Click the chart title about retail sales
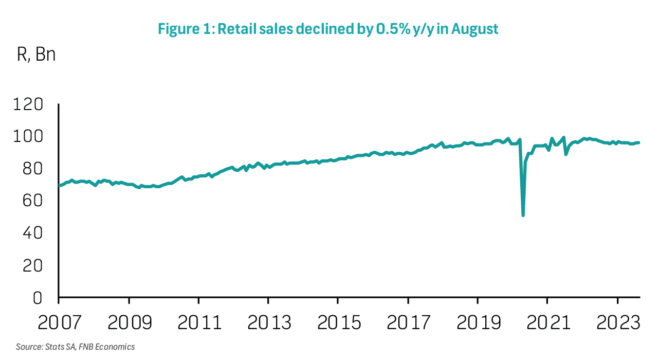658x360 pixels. pyautogui.click(x=328, y=29)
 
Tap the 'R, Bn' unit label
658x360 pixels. pyautogui.click(x=36, y=55)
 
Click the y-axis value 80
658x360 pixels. pyautogui.click(x=36, y=169)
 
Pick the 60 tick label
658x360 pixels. pyautogui.click(x=36, y=201)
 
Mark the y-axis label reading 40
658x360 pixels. pyautogui.click(x=36, y=233)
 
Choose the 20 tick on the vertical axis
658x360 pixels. pyautogui.click(x=36, y=266)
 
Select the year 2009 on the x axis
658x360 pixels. pyautogui.click(x=129, y=323)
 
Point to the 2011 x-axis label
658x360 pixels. pyautogui.click(x=198, y=323)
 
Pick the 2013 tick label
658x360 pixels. pyautogui.click(x=268, y=323)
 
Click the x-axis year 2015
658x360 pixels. pyautogui.click(x=338, y=323)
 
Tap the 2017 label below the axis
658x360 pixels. pyautogui.click(x=408, y=323)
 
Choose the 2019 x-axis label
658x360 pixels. pyautogui.click(x=478, y=323)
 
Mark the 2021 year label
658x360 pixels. pyautogui.click(x=547, y=323)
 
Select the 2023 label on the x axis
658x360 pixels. pyautogui.click(x=616, y=323)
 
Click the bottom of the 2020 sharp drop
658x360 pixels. pyautogui.click(x=523, y=215)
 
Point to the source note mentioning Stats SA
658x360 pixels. pyautogui.click(x=75, y=347)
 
